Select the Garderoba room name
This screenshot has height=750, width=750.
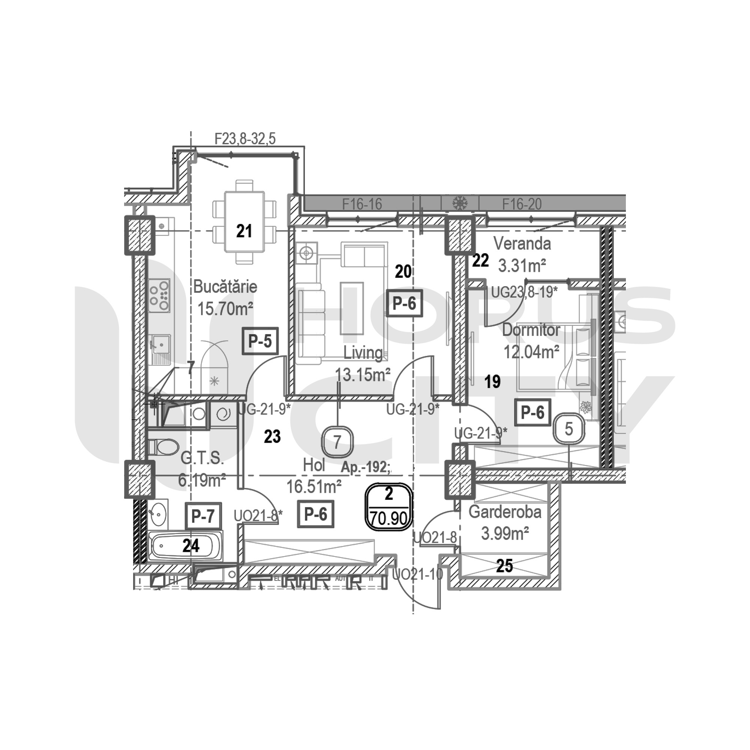505,512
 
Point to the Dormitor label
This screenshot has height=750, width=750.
531,330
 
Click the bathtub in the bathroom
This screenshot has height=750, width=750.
186,546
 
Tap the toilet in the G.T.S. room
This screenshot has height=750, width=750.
162,447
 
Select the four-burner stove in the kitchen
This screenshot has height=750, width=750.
159,295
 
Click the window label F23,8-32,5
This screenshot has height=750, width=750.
245,139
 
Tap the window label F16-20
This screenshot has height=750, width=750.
522,204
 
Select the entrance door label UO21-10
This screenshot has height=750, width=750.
417,574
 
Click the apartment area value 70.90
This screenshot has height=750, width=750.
388,518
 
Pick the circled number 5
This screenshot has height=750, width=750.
569,429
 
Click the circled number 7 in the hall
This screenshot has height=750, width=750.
337,442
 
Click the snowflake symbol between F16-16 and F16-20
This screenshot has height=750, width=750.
460,202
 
